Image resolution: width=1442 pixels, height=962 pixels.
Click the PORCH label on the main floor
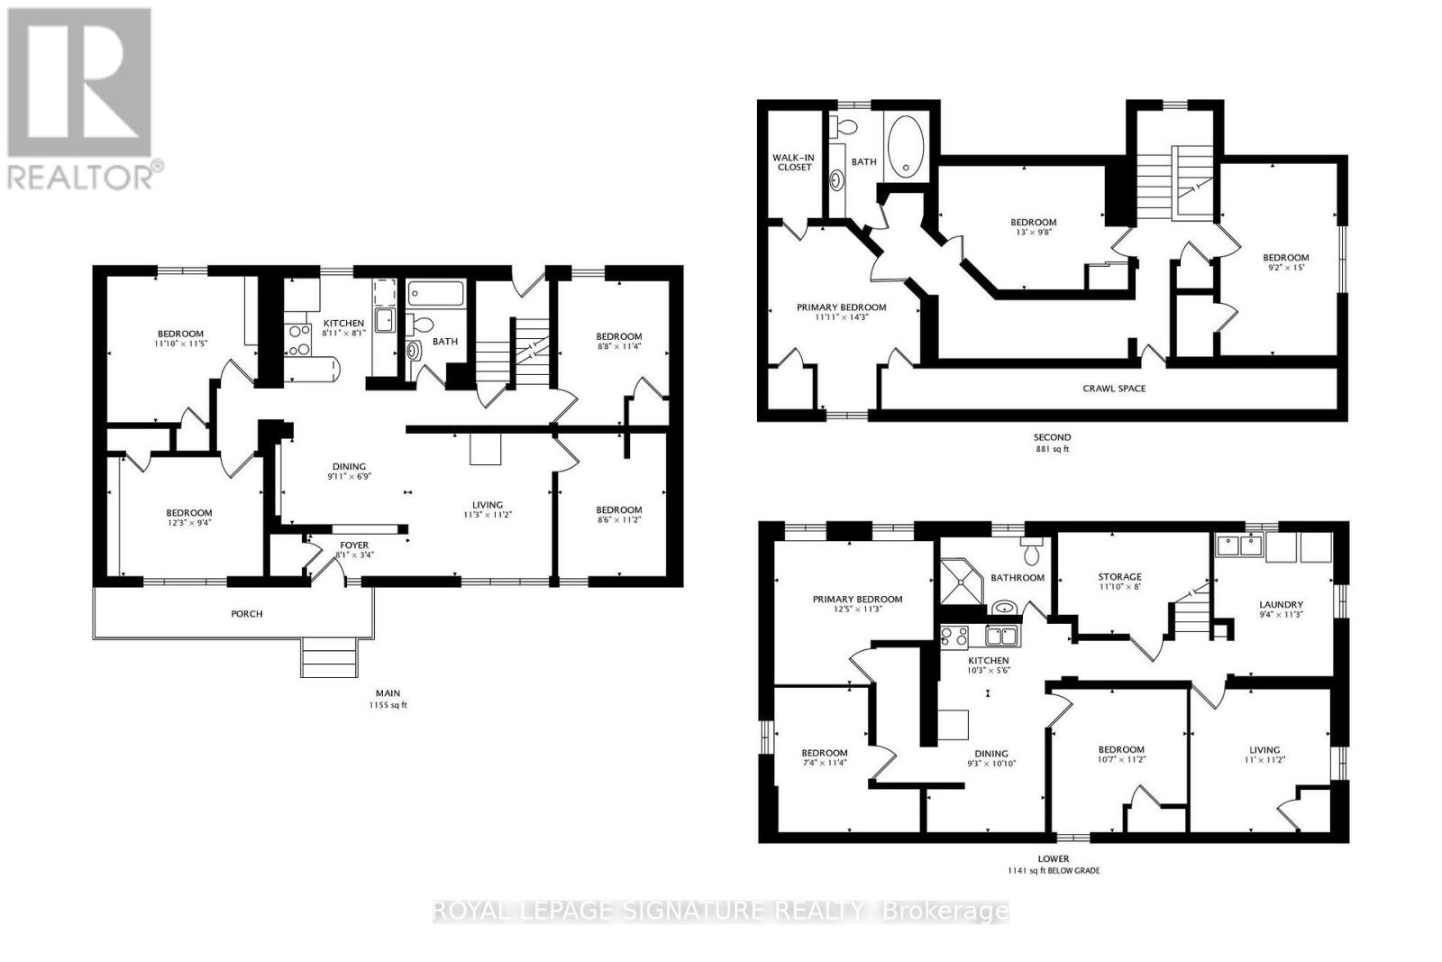point(247,614)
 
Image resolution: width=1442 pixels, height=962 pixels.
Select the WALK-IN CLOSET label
point(792,162)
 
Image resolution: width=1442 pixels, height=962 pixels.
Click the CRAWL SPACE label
point(1114,389)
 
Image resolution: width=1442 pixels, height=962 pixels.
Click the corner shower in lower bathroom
point(959,583)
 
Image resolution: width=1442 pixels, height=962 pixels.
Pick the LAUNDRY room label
point(1282,605)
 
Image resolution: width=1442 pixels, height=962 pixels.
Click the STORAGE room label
point(1119,577)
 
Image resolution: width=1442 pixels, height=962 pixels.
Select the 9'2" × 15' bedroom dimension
point(1285,268)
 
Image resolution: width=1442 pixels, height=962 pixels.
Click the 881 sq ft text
point(1052,449)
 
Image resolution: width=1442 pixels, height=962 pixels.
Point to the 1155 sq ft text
point(388,705)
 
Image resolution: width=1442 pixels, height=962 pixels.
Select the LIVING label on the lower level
point(1264,750)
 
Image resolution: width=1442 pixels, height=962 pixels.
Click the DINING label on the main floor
point(348,467)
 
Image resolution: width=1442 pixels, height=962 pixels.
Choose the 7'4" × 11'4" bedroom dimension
point(825,764)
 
